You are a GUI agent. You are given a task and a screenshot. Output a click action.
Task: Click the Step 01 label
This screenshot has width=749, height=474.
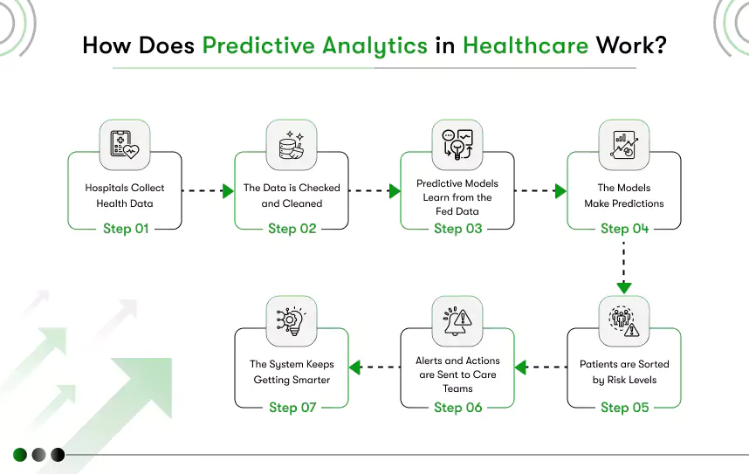[x=125, y=229]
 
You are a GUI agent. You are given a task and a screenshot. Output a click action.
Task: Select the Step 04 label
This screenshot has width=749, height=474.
[x=624, y=229]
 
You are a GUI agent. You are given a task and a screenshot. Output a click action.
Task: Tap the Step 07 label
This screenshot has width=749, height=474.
[x=292, y=407]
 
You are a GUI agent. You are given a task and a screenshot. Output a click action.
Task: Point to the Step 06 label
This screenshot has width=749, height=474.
[x=458, y=407]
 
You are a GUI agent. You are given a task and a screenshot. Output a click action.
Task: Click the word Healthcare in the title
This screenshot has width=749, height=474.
[x=526, y=45]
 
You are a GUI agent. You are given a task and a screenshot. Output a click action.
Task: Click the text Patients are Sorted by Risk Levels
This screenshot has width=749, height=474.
[x=624, y=372]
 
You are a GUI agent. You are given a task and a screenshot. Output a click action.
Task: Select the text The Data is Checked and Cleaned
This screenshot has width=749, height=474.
[x=292, y=196]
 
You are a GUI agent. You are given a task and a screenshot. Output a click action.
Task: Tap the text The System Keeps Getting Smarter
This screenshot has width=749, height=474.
[x=292, y=372]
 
